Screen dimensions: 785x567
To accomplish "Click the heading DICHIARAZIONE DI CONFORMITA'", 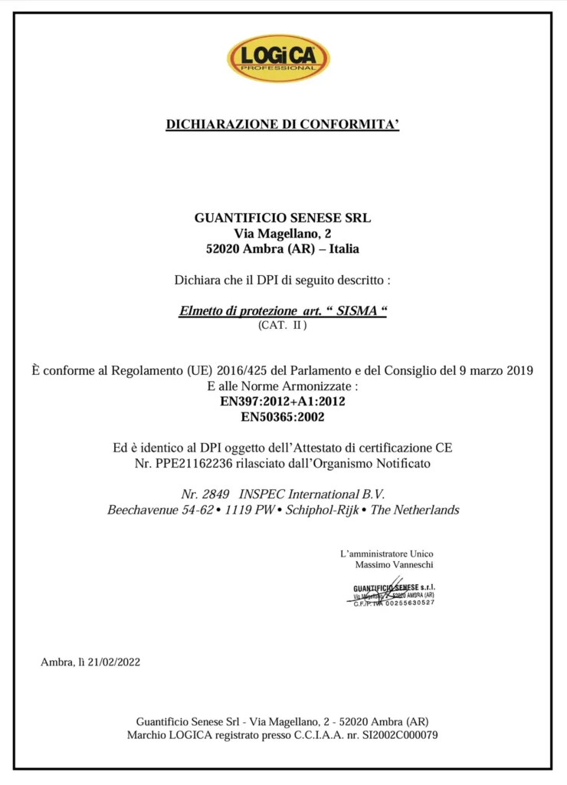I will tap(283, 124).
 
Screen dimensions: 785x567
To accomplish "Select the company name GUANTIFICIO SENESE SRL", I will tap(283, 218).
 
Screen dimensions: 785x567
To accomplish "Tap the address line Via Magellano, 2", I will tap(283, 233).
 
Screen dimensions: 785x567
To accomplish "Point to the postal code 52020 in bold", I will tap(225, 248).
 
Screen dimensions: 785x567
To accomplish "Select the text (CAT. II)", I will tap(283, 325).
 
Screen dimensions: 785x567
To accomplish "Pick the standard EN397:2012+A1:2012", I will tap(283, 401).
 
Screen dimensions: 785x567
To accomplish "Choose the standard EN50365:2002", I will tap(283, 417).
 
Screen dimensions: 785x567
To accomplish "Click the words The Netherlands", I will tap(415, 510).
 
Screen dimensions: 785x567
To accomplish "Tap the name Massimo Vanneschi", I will tap(395, 564).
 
